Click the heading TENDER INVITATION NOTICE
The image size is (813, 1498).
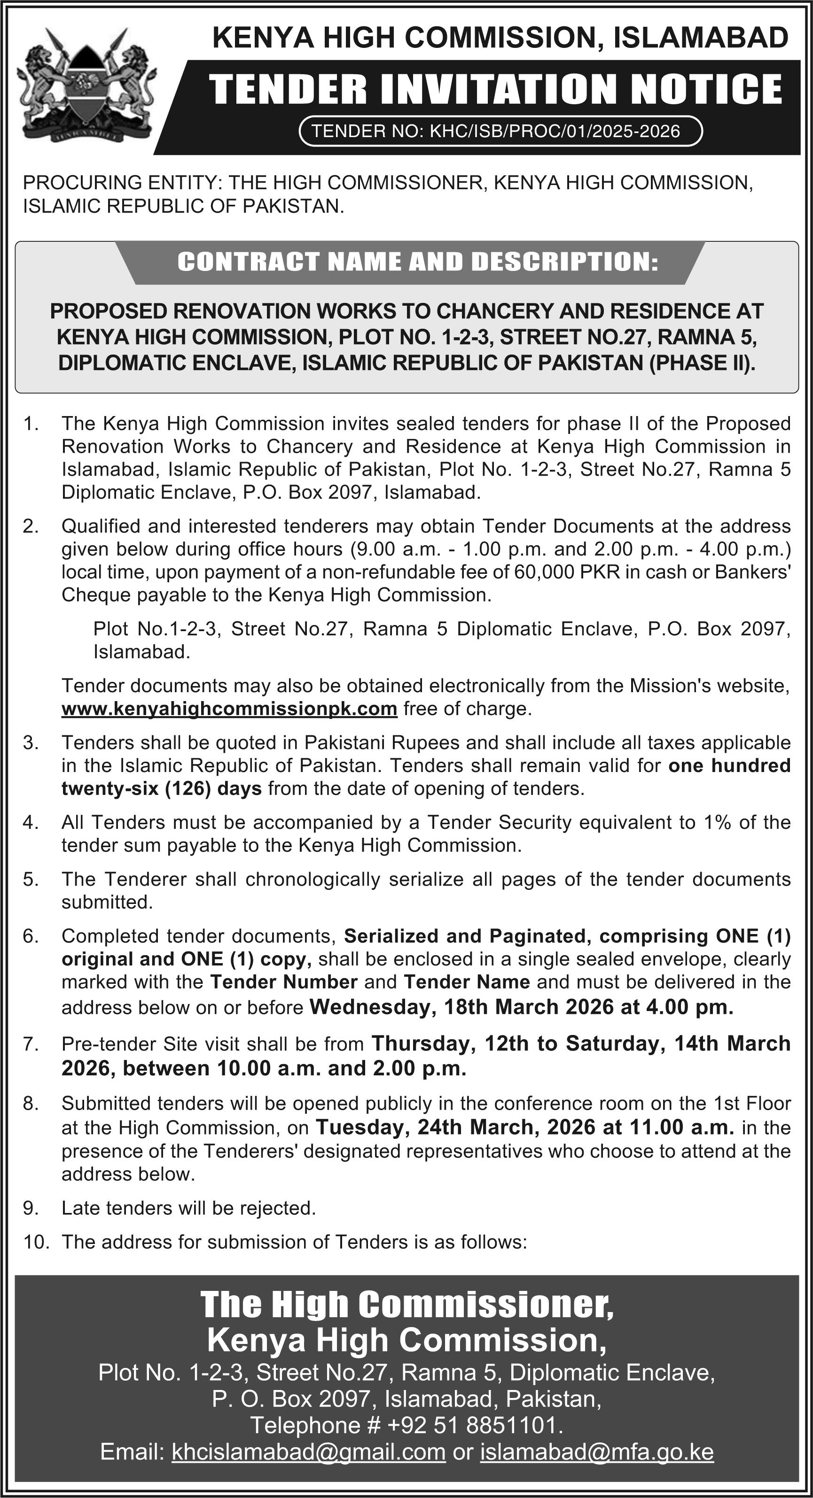pos(495,89)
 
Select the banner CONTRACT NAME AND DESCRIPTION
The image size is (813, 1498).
pos(418,262)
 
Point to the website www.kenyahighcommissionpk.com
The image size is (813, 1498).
pos(229,709)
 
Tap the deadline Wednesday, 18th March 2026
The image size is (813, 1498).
pos(461,1007)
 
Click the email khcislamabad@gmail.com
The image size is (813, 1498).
pos(308,1452)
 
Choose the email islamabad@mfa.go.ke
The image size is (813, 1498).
pos(596,1452)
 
